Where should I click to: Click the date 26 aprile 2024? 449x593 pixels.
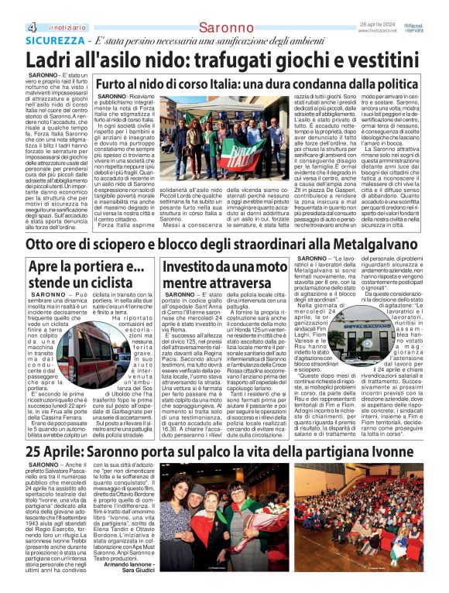[x=383, y=4]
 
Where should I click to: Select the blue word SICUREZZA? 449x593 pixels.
[x=50, y=19]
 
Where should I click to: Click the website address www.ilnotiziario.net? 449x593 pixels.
[x=384, y=10]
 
